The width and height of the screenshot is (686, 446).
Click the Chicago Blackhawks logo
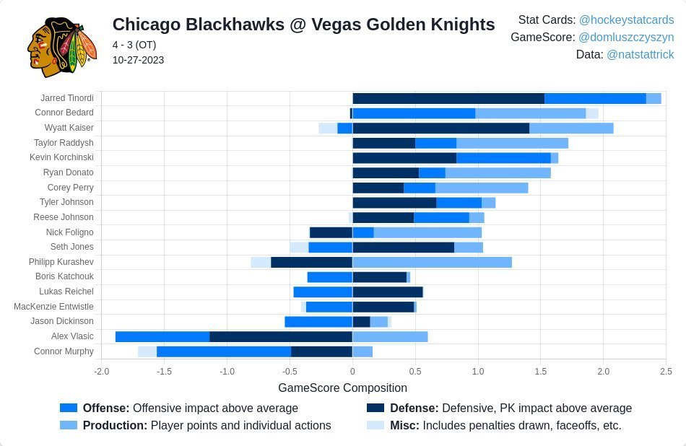[61, 46]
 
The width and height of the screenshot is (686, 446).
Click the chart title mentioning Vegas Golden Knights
[303, 25]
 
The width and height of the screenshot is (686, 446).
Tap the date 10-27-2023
[138, 60]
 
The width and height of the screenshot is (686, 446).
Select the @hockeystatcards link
[626, 20]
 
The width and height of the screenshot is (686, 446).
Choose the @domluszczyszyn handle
[626, 38]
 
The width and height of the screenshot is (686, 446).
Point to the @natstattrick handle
[640, 55]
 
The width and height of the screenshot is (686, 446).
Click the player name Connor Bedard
[64, 113]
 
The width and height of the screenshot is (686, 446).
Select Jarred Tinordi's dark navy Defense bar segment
[448, 98]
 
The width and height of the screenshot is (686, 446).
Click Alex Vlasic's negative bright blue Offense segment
[162, 336]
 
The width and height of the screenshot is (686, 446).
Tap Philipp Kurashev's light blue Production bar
[432, 262]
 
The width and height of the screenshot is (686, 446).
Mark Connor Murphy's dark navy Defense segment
[321, 351]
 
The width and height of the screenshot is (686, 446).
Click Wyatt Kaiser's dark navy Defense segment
[440, 128]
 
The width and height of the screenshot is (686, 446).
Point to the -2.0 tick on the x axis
[102, 372]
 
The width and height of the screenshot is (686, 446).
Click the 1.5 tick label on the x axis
[540, 372]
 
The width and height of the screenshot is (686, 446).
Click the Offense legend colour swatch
[69, 408]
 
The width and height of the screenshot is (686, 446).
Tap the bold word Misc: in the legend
[404, 426]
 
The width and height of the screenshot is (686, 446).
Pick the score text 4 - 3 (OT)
[134, 45]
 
